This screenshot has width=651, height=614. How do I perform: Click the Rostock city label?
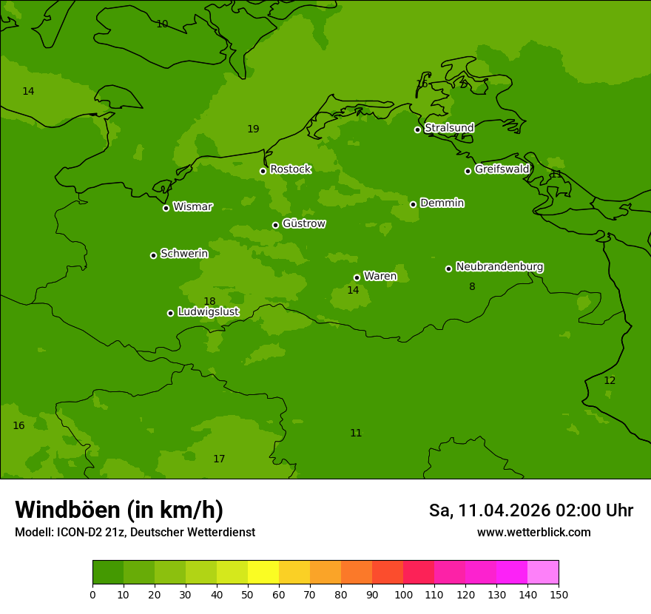click(290, 169)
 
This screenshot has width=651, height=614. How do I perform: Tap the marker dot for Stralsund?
click(417, 129)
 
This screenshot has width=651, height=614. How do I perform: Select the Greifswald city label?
click(502, 169)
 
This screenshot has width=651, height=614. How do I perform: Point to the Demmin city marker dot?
click(413, 204)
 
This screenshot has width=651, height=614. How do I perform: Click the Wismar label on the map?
click(192, 207)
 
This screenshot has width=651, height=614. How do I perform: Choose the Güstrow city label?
click(303, 223)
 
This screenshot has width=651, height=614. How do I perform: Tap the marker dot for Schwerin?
click(153, 255)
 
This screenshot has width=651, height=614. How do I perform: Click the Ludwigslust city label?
click(208, 312)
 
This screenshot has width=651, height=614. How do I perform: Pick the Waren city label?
click(380, 277)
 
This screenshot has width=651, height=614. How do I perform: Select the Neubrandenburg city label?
click(499, 267)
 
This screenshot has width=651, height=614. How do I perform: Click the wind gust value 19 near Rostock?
click(253, 129)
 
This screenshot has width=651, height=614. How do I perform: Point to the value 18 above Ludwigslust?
click(209, 301)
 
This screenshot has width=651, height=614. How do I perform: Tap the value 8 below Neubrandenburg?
click(472, 286)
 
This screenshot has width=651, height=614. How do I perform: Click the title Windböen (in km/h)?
click(119, 510)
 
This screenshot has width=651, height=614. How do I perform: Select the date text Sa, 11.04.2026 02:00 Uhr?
click(530, 510)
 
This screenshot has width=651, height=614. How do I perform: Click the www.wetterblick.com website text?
click(533, 533)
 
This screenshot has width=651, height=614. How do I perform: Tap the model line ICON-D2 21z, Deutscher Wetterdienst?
click(135, 533)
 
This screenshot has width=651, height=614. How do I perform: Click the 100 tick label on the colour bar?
click(403, 594)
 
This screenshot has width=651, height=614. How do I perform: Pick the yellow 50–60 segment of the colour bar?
click(263, 573)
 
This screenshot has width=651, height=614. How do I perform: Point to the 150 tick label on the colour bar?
click(559, 594)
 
